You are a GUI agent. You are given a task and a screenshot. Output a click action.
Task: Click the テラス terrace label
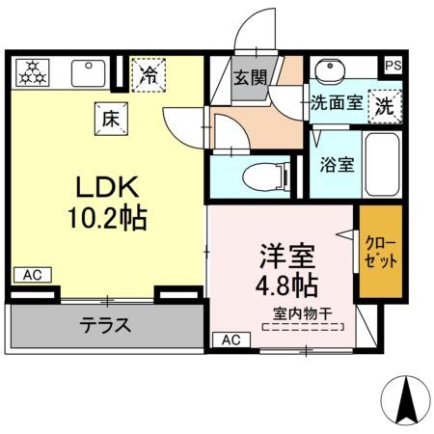coord(104,325)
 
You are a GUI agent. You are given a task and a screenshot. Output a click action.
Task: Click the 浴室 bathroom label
coord(337,164)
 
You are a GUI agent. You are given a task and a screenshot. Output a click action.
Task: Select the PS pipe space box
coord(393,66)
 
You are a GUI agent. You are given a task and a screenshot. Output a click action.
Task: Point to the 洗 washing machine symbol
coord(385,104)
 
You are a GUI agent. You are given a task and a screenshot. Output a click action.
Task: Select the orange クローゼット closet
coord(380,251)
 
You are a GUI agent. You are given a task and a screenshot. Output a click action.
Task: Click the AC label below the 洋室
coord(231,339)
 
